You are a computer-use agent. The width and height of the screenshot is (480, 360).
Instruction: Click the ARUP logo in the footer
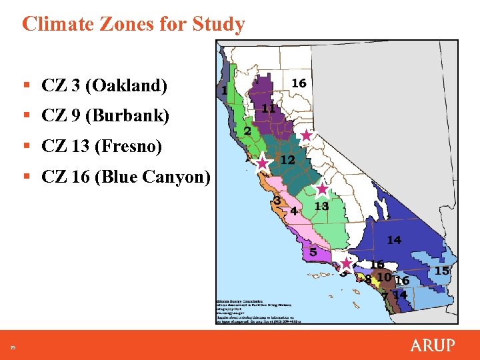[432, 345]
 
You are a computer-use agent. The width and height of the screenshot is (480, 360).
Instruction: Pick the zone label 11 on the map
[269, 108]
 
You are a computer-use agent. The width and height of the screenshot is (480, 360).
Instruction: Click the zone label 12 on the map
[288, 160]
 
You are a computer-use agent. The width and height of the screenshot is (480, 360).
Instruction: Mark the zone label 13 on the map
[321, 207]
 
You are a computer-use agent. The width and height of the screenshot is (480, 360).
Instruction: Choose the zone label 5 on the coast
[313, 252]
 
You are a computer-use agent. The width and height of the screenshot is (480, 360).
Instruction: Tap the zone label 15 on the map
[442, 271]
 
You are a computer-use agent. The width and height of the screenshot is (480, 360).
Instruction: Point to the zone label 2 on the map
[247, 131]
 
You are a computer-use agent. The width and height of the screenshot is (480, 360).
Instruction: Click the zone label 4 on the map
[294, 211]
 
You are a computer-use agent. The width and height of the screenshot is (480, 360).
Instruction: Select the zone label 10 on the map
[383, 277]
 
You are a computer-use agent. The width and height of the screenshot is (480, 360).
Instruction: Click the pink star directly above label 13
[322, 189]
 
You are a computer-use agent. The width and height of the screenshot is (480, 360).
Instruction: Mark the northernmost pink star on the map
[305, 135]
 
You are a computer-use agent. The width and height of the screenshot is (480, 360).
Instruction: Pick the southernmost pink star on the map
[346, 263]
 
